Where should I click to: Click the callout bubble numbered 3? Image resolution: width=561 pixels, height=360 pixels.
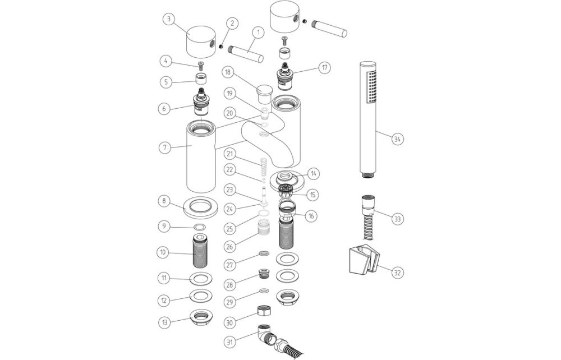(168, 19)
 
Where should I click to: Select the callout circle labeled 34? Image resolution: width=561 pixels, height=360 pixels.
(397, 139)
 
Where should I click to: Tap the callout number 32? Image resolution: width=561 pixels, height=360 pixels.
(397, 273)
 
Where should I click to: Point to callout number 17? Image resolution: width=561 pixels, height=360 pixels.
(324, 68)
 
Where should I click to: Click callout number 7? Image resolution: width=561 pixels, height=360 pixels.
(164, 148)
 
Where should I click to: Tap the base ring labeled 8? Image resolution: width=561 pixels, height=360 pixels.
(200, 206)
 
